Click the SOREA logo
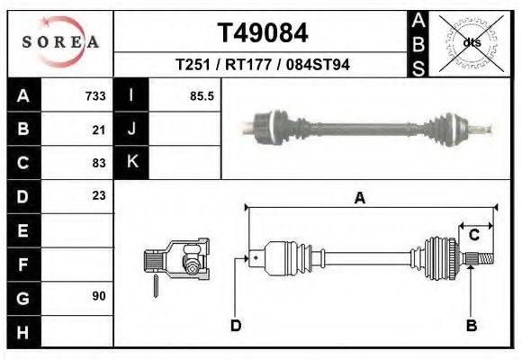point(60,41)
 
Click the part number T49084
point(263,33)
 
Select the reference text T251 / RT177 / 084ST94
point(263,65)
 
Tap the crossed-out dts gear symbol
point(471,41)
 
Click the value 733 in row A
point(95,96)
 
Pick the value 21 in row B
point(99,130)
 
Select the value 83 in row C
point(99,163)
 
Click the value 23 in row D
point(99,195)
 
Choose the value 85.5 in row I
point(202,96)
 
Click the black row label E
point(22,229)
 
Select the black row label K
point(131,162)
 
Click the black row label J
point(131,129)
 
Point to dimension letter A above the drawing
point(360,199)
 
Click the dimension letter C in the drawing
point(473,236)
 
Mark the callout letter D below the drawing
point(235,325)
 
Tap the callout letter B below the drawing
point(471,325)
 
